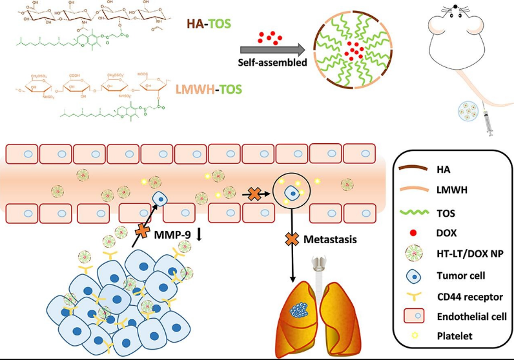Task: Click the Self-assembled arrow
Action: point(271,50)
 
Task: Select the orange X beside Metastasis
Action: point(293,240)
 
